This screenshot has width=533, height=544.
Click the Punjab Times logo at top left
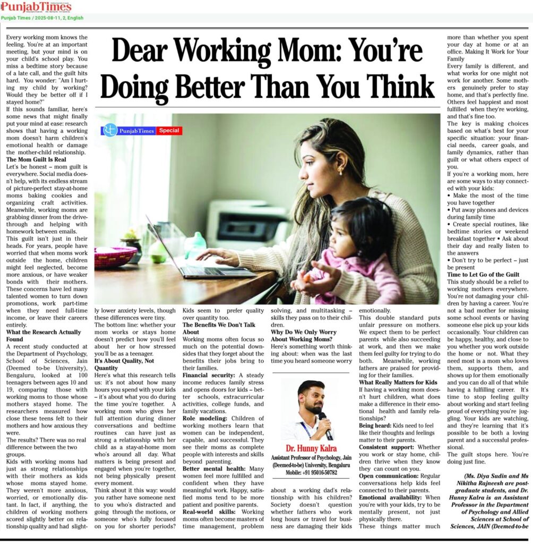tap(36, 6)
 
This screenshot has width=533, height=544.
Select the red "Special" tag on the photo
tap(169, 130)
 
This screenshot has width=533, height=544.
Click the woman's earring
tap(339, 171)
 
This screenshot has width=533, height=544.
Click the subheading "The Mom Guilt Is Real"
tap(37, 159)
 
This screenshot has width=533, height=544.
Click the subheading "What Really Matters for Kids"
tap(398, 382)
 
